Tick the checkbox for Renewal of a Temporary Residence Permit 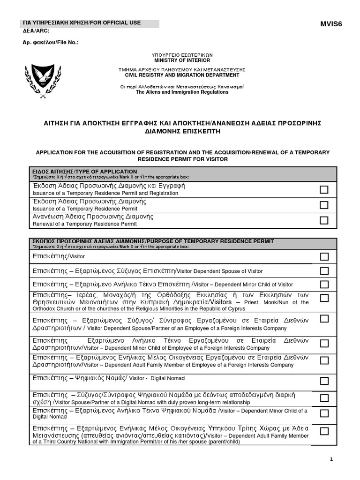click(324, 220)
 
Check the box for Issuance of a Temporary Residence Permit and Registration click(324, 190)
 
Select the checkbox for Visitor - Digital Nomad click(324, 380)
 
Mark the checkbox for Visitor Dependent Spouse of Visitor click(324, 270)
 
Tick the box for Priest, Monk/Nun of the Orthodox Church click(324, 299)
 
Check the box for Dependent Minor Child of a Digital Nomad click(324, 413)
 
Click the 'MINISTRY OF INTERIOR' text click(182, 60)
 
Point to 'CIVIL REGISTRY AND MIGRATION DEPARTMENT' click(182, 75)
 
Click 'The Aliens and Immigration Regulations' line click(182, 92)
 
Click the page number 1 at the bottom click(331, 459)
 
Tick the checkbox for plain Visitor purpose click(324, 256)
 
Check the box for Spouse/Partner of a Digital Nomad click(324, 398)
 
